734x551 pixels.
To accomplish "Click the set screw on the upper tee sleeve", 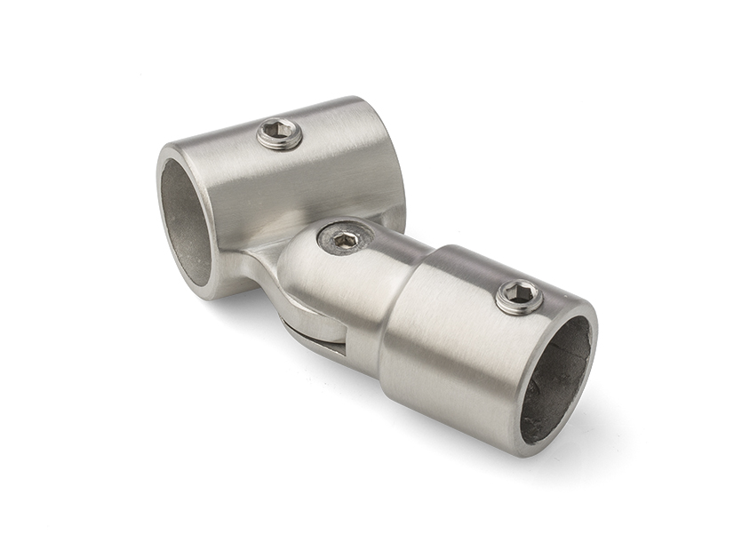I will coord(280,135).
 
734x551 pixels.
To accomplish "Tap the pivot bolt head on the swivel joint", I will coord(345,238).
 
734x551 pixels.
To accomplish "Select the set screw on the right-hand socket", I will coord(520,296).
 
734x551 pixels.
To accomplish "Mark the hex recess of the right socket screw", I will coord(520,295).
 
